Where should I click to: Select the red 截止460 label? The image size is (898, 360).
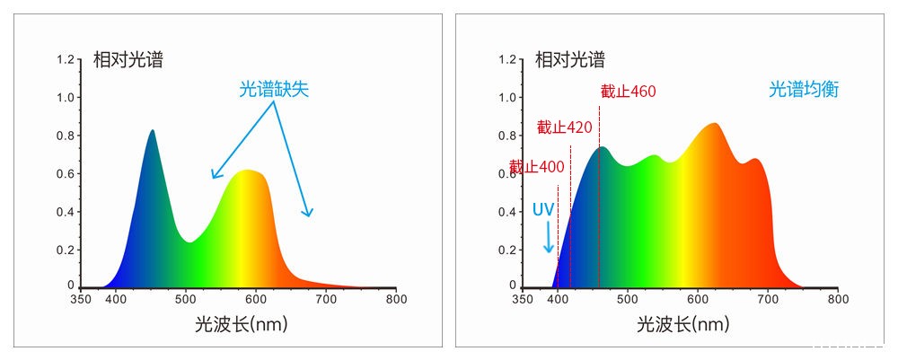coord(628,92)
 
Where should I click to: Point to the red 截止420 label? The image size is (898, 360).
coord(564,127)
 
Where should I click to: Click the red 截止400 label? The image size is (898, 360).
coord(537,167)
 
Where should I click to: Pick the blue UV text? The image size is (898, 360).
coord(543,209)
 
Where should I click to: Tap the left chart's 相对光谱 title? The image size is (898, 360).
coord(128,60)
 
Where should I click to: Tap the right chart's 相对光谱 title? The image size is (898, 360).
coord(570,60)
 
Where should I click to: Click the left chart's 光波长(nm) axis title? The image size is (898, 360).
coord(236,324)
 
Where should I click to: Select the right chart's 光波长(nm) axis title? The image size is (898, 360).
coord(678,324)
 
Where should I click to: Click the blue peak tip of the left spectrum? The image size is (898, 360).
coord(153,131)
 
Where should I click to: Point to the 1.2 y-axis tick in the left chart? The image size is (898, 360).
coord(66,59)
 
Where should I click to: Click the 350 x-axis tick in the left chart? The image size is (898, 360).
coord(82,299)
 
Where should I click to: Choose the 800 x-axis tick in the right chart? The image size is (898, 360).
coord(838,299)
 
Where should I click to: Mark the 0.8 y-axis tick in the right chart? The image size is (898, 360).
coord(507,136)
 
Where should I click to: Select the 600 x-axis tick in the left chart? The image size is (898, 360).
coord(256,299)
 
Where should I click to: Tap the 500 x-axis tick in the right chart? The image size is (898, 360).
coord(628,299)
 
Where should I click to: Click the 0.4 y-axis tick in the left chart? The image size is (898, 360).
coord(66,212)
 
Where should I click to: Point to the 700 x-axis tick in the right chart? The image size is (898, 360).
coord(768,299)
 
